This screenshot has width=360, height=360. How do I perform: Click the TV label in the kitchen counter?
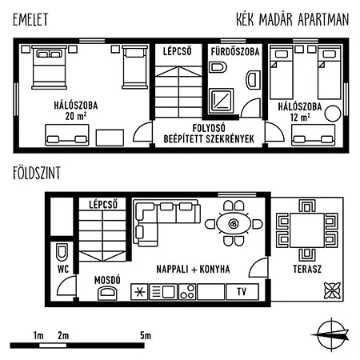click(x=242, y=291)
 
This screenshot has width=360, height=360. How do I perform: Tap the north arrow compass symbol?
click(x=330, y=334)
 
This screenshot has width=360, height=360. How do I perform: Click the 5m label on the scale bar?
click(x=146, y=335)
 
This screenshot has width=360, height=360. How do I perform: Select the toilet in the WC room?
click(x=62, y=252)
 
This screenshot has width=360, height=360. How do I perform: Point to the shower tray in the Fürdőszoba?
click(x=221, y=101)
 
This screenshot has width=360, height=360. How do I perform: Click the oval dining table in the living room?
click(x=234, y=223)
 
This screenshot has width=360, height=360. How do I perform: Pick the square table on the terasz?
click(x=307, y=230)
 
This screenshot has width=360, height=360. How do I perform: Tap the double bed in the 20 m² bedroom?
click(x=49, y=67)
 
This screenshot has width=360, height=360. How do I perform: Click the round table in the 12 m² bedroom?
click(x=333, y=114)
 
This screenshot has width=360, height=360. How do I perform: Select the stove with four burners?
click(x=187, y=291)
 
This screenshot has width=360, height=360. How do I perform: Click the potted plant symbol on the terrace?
click(x=332, y=290)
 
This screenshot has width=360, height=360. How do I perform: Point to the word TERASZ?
click(x=307, y=269)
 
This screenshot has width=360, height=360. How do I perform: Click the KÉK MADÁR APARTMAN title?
click(x=293, y=19)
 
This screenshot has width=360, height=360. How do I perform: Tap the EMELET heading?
click(x=30, y=19)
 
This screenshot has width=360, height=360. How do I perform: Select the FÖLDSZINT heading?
click(x=37, y=173)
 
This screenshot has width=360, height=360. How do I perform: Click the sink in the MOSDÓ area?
click(x=107, y=293)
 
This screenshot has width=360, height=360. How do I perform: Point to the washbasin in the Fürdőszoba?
click(x=253, y=80)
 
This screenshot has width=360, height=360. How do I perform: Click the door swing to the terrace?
click(x=258, y=268)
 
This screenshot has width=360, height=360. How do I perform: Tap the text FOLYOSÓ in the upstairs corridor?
click(x=209, y=128)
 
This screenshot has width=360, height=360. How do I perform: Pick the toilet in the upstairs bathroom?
click(x=218, y=67)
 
